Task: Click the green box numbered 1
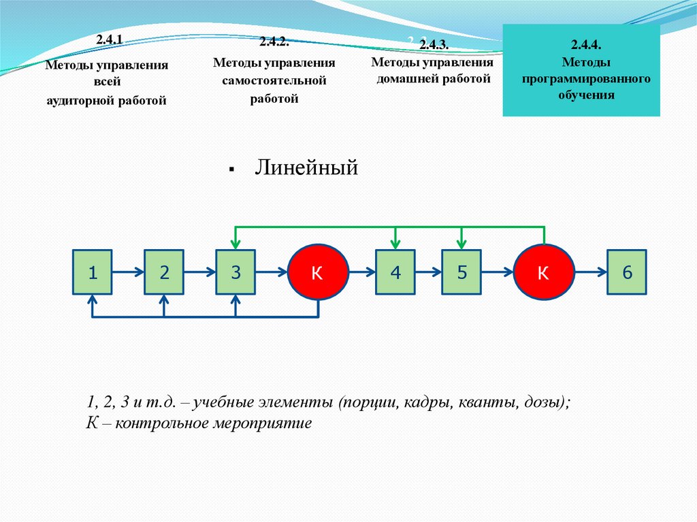93,272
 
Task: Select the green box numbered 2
164,272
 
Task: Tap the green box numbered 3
236,272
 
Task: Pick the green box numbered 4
395,272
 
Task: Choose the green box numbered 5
461,272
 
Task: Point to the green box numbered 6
627,272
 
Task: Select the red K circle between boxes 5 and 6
543,272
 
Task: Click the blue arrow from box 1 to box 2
128,272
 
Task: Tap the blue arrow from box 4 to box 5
428,272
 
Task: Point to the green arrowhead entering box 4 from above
395,244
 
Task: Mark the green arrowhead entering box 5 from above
461,244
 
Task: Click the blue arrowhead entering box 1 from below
93,299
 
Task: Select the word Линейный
306,167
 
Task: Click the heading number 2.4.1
109,40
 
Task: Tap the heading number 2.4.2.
274,42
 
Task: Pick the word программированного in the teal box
587,80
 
